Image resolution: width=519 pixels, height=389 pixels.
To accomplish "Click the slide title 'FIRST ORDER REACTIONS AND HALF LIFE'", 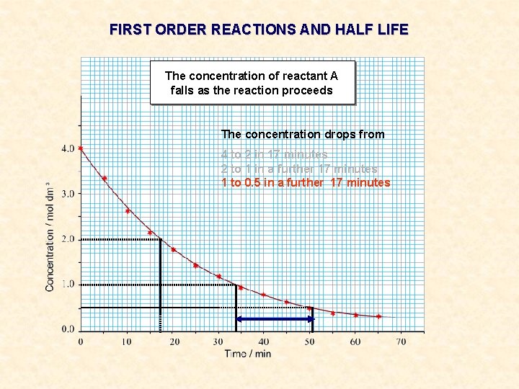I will click(x=259, y=30).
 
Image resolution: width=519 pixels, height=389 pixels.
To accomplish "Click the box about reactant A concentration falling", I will click(x=252, y=83).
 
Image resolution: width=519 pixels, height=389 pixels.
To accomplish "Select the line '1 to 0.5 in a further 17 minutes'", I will click(x=306, y=182).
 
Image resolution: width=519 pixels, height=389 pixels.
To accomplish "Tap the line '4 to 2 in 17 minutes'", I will click(x=274, y=154).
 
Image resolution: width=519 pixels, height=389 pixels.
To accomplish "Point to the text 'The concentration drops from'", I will click(x=303, y=134).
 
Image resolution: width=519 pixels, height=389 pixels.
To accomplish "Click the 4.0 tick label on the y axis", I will click(x=67, y=148).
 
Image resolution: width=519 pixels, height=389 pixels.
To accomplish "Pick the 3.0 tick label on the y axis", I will click(x=67, y=194).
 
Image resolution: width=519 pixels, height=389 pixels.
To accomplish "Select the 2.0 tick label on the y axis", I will click(x=67, y=239).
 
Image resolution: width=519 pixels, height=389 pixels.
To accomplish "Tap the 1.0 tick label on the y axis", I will click(x=67, y=285).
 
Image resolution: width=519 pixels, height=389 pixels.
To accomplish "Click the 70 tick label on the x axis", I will click(x=401, y=341).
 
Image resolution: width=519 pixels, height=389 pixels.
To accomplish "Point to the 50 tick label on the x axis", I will click(x=309, y=341).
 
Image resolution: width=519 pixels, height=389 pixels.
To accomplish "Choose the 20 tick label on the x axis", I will click(x=174, y=341).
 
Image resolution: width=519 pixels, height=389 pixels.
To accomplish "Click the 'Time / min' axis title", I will click(x=247, y=354).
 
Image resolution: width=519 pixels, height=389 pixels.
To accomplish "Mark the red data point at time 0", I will click(x=81, y=148).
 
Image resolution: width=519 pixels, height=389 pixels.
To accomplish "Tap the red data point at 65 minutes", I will click(x=378, y=316).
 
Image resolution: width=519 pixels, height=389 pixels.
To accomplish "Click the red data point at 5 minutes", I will click(x=105, y=178).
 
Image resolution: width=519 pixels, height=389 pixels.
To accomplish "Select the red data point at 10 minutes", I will click(x=128, y=210).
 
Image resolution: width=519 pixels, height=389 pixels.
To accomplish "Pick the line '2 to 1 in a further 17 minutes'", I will click(x=299, y=169).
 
